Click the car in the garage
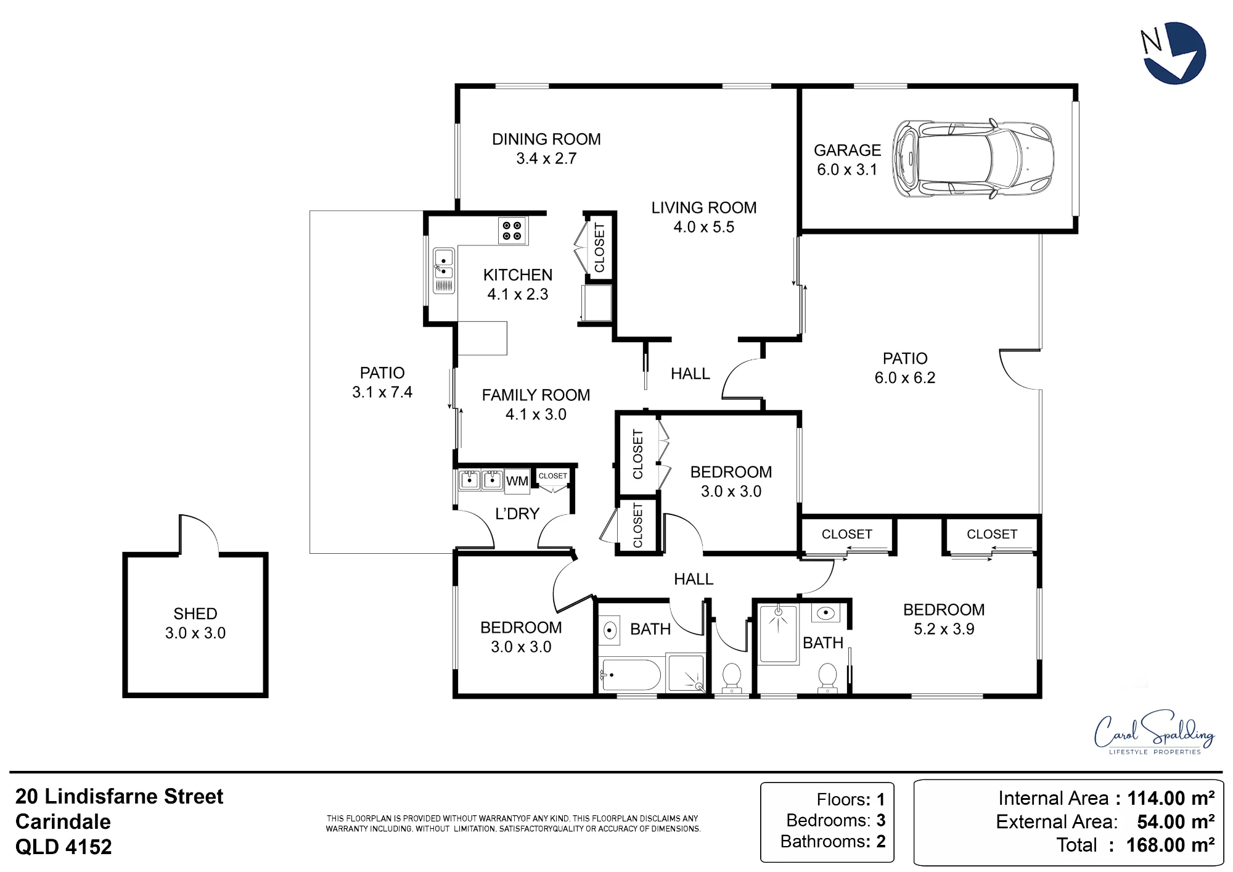tap(973, 159)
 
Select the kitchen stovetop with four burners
tap(512, 231)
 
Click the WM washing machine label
tap(517, 481)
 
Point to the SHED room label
tap(195, 614)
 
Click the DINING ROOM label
tap(546, 139)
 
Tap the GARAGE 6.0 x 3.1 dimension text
tap(847, 170)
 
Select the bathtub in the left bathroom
tap(631, 675)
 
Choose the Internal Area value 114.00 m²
tap(1171, 798)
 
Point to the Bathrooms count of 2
tap(881, 841)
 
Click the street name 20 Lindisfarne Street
tap(119, 796)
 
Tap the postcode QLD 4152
tap(63, 847)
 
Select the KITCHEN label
tap(518, 275)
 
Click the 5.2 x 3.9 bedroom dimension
tap(944, 629)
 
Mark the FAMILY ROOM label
tap(536, 395)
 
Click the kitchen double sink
tap(444, 271)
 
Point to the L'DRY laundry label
tap(517, 514)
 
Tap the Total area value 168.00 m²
tap(1170, 845)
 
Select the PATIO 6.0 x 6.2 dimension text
tap(905, 378)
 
